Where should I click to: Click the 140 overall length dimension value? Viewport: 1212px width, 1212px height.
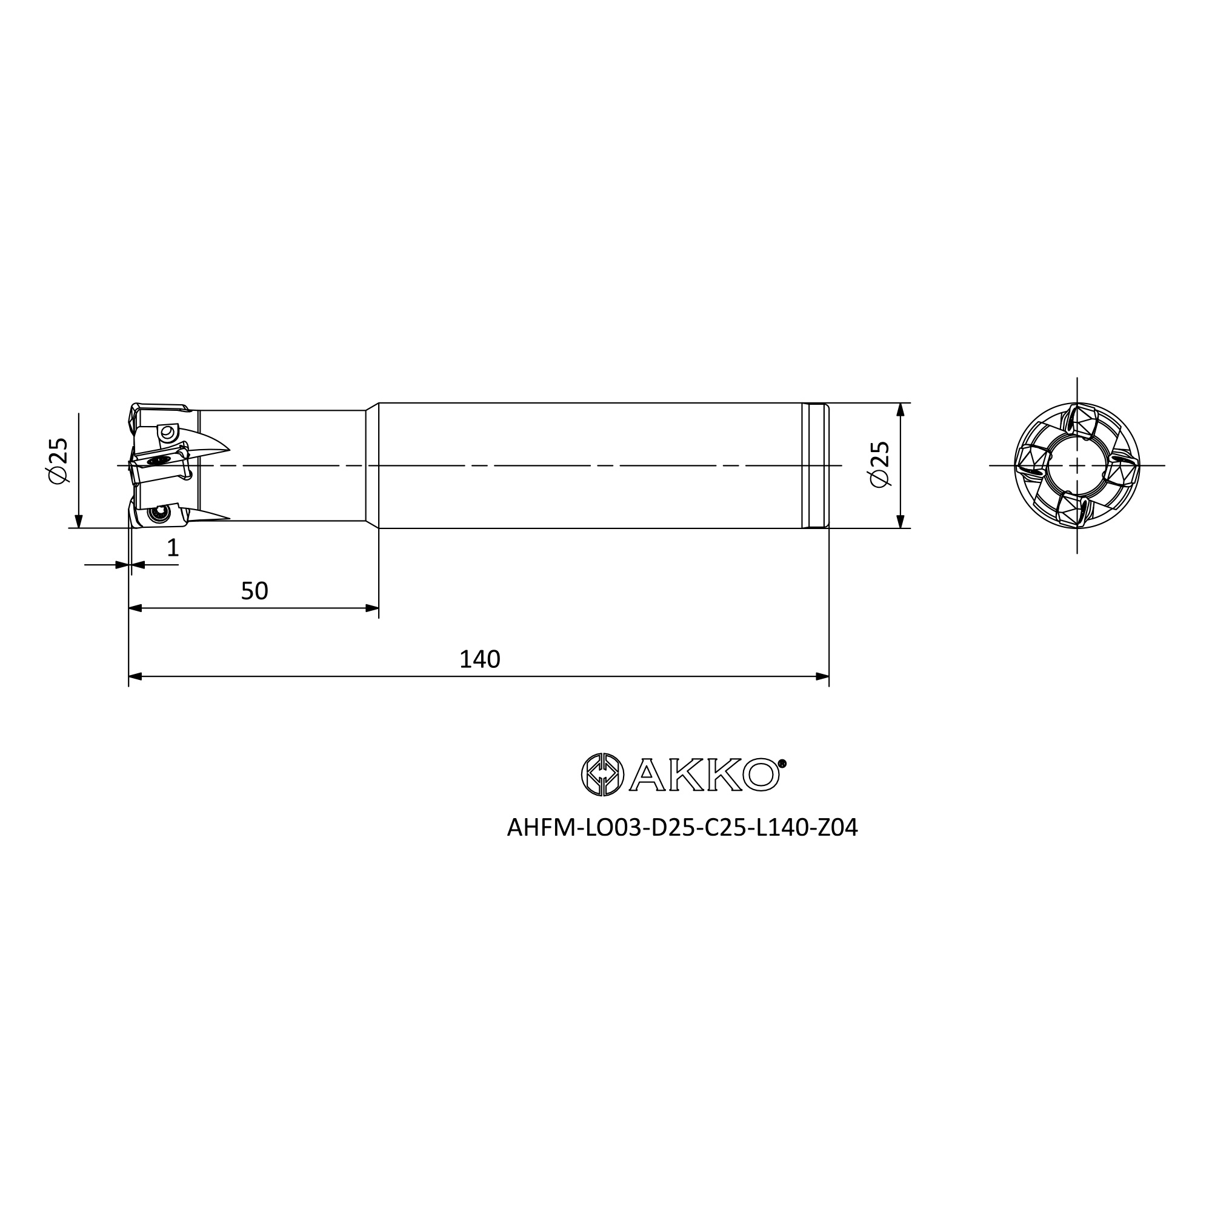click(x=480, y=659)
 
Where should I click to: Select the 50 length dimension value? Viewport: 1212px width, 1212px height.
click(x=255, y=591)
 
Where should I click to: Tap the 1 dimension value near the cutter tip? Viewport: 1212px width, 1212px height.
click(x=173, y=548)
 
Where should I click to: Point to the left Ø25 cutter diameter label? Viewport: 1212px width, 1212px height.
click(x=57, y=461)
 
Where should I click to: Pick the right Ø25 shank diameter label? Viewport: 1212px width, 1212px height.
click(x=879, y=464)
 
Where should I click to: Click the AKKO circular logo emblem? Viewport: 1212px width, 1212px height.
click(x=602, y=774)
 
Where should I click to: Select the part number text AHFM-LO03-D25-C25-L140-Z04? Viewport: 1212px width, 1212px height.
click(x=682, y=828)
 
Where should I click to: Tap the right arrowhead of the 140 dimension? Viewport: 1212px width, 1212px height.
click(x=822, y=676)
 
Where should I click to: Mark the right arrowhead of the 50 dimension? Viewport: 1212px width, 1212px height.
click(x=372, y=608)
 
